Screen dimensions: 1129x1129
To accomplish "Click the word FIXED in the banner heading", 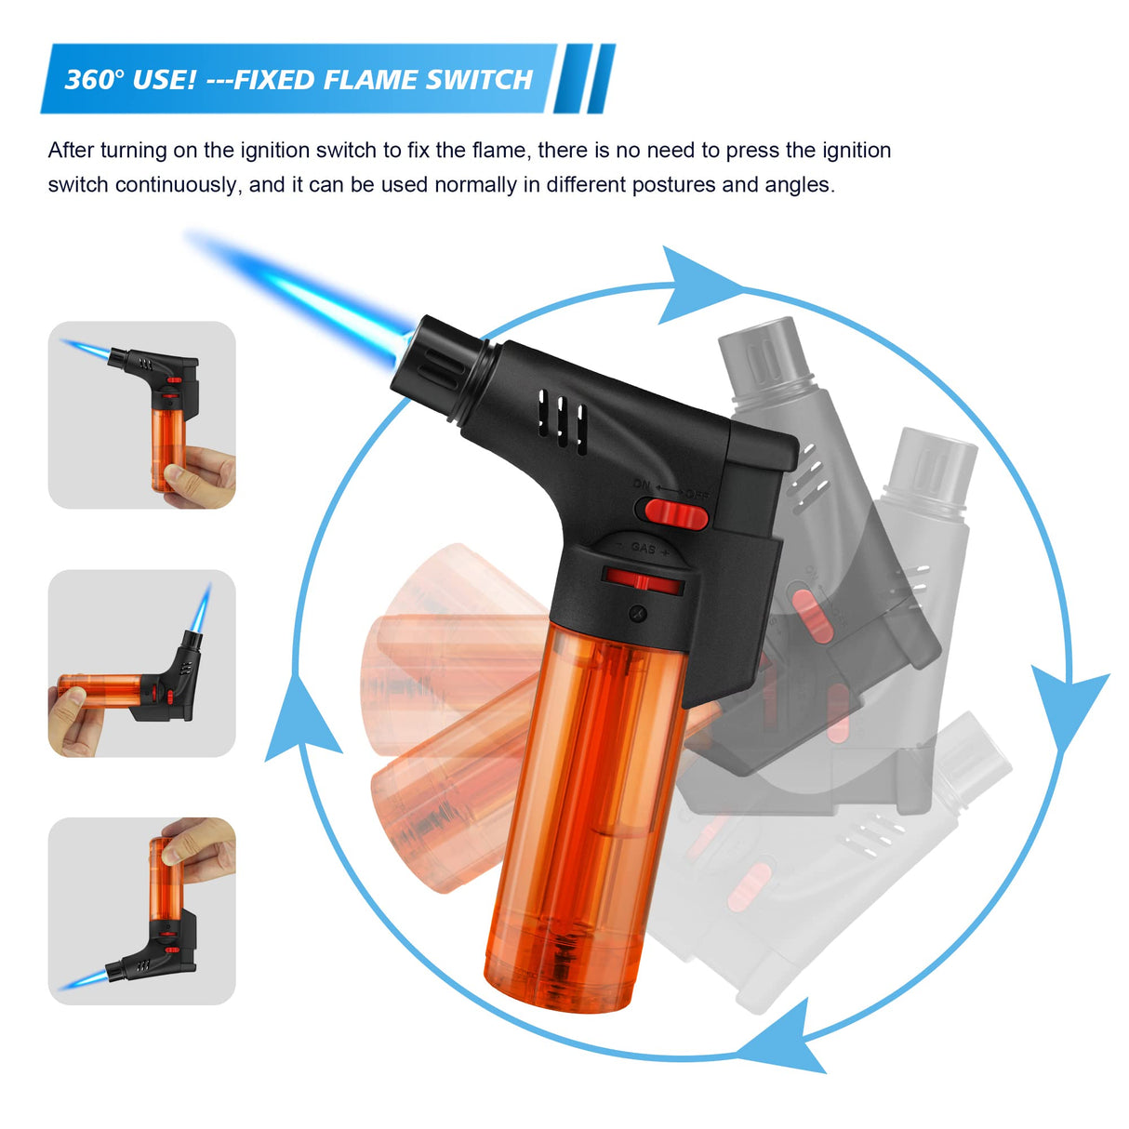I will click(276, 79).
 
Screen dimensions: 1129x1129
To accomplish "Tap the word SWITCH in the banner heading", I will click(479, 79).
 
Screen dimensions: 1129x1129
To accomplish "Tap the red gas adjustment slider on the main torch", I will click(642, 581).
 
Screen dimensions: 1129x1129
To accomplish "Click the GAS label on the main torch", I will click(644, 548).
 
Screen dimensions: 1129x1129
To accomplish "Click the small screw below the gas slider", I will click(636, 612).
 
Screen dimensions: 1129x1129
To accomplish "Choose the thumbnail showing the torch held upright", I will click(141, 415).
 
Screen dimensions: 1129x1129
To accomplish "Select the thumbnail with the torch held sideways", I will click(141, 663).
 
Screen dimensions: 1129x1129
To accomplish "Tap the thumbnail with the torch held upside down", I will click(141, 910).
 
